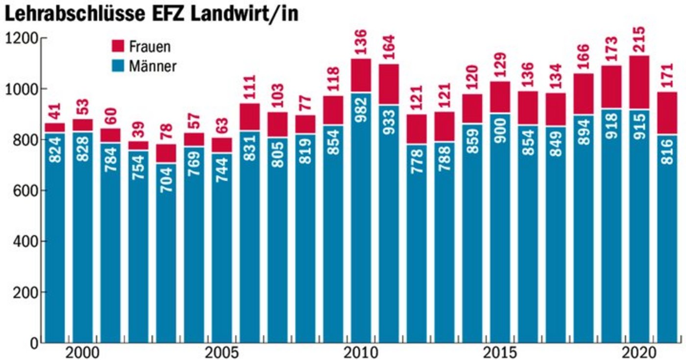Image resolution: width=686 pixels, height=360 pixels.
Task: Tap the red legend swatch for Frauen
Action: click(119, 47)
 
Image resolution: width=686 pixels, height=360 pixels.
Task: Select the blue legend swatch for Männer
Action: click(119, 66)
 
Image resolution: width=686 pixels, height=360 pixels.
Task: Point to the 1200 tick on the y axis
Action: click(22, 38)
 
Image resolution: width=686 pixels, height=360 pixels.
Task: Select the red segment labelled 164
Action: click(389, 84)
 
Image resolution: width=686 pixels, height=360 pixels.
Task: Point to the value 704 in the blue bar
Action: click(166, 179)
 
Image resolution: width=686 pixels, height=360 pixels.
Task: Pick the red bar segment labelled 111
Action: click(249, 117)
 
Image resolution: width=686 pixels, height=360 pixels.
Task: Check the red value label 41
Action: click(55, 112)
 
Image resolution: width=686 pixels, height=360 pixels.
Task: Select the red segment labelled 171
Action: click(667, 113)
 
